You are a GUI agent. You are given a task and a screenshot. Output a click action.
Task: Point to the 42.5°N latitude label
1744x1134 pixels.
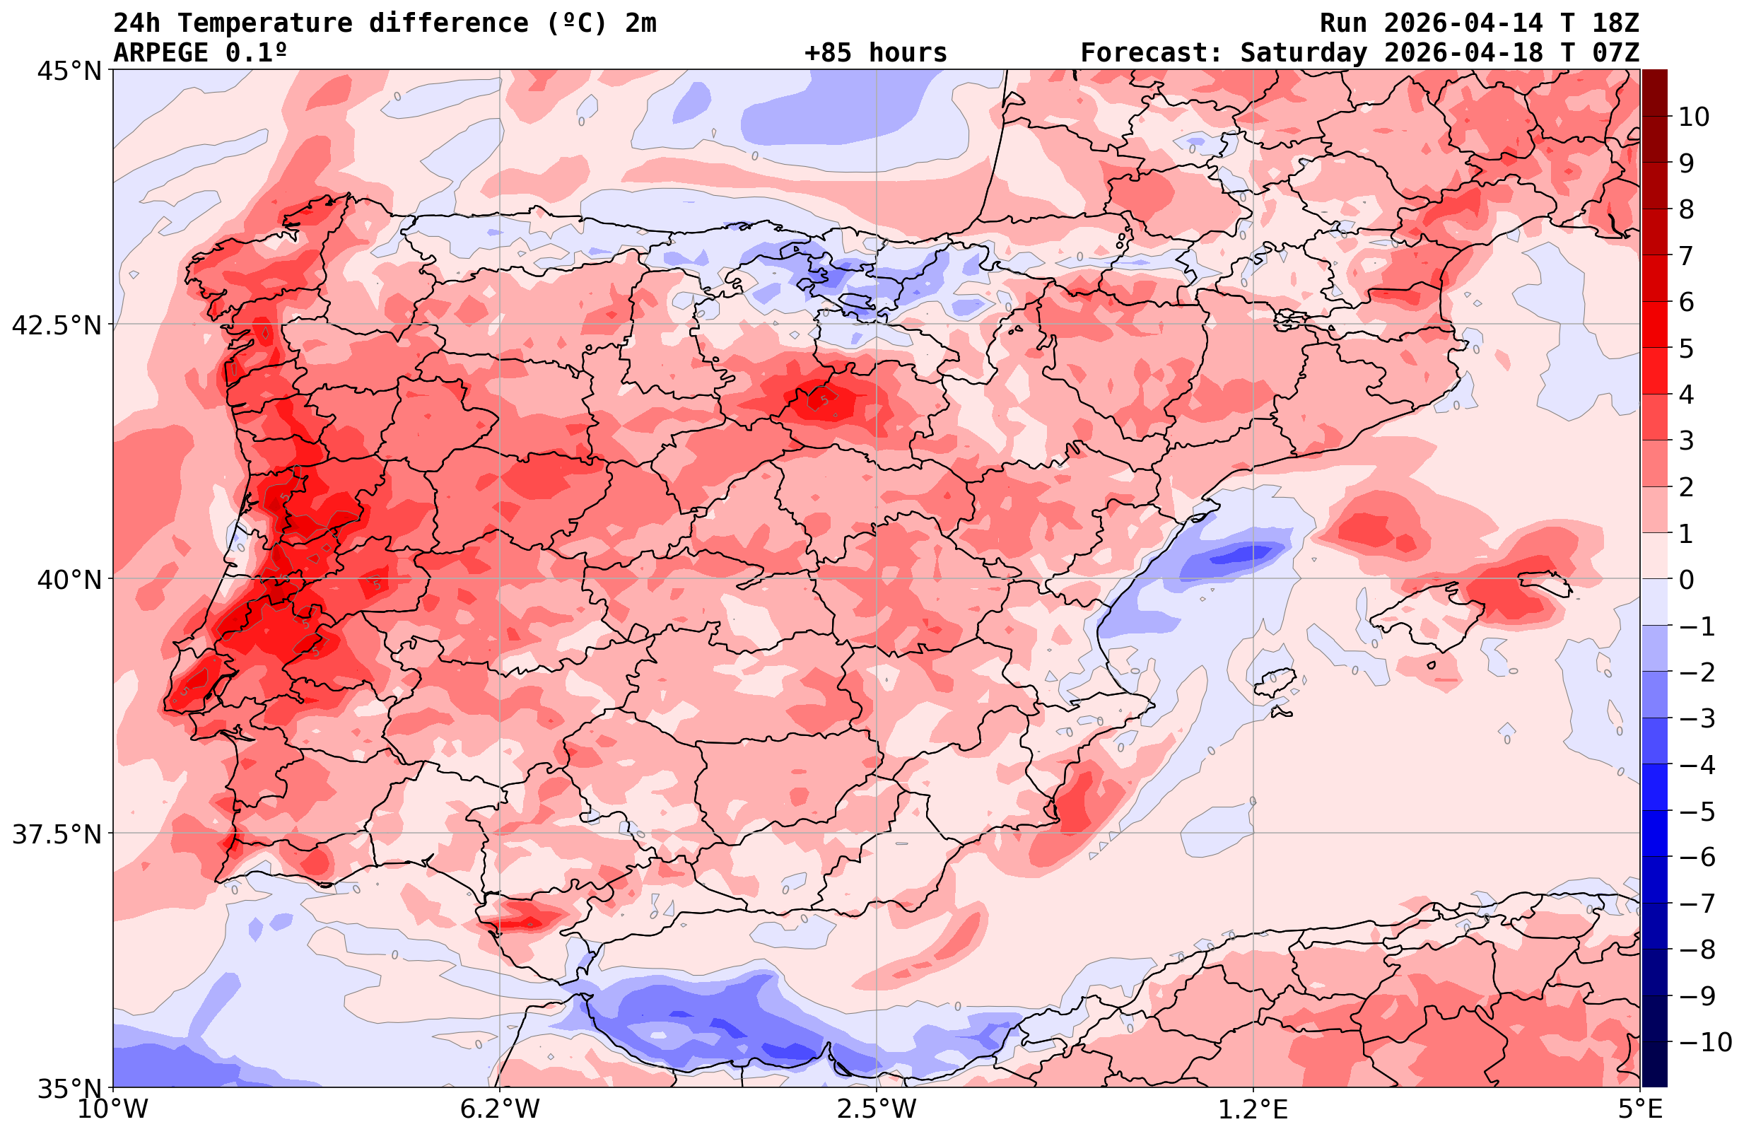pyautogui.click(x=56, y=325)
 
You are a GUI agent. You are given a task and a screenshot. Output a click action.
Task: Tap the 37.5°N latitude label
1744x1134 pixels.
pyautogui.click(x=56, y=834)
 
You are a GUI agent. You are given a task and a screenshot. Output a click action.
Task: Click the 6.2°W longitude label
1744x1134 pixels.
pyautogui.click(x=499, y=1109)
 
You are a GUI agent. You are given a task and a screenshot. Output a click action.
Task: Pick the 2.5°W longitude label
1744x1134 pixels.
pyautogui.click(x=877, y=1109)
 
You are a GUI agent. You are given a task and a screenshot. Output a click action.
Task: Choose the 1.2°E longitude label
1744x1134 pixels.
pyautogui.click(x=1253, y=1109)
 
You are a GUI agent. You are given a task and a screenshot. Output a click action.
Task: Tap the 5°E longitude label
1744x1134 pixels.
pyautogui.click(x=1640, y=1109)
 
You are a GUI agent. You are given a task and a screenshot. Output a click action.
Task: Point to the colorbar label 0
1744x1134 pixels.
pyautogui.click(x=1686, y=580)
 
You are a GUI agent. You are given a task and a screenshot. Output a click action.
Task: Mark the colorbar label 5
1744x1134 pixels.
pyautogui.click(x=1686, y=349)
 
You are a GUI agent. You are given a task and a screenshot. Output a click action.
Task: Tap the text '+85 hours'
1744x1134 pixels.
pyautogui.click(x=876, y=53)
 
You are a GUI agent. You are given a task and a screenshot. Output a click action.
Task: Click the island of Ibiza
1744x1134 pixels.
pyautogui.click(x=1275, y=682)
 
